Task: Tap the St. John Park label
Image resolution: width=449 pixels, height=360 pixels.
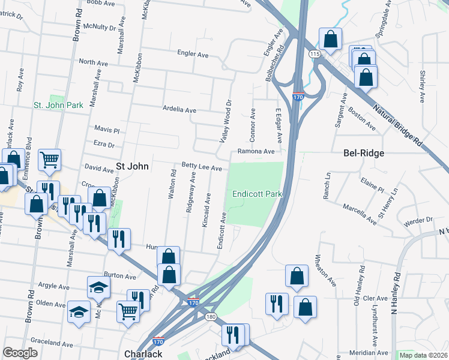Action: (x=58, y=105)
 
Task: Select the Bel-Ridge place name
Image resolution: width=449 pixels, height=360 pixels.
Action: (x=363, y=153)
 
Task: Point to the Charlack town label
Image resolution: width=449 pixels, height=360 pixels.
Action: (x=143, y=354)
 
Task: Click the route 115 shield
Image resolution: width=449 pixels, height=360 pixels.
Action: (x=314, y=54)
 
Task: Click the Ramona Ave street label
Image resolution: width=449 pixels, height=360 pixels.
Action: (x=256, y=152)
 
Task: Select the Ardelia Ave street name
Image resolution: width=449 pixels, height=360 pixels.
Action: (x=180, y=110)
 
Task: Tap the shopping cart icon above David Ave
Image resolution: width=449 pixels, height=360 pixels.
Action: (x=49, y=160)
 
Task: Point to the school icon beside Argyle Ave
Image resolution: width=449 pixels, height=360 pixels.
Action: (x=98, y=287)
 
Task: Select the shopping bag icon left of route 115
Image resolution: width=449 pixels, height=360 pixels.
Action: (x=330, y=40)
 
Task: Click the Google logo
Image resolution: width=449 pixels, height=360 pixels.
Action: (x=20, y=353)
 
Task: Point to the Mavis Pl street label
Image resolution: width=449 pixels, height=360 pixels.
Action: (x=107, y=130)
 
